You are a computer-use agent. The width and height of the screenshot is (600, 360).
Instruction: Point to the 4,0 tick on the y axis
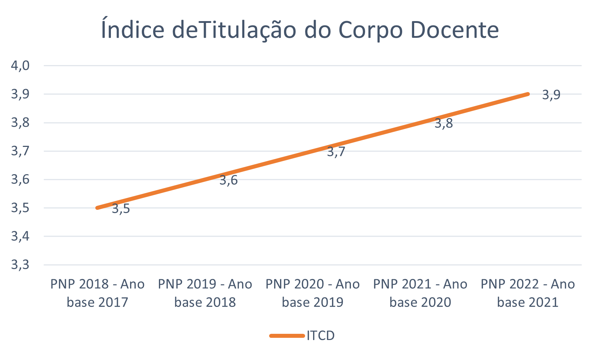tap(20, 66)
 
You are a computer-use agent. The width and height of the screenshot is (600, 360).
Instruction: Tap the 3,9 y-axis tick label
tap(20, 94)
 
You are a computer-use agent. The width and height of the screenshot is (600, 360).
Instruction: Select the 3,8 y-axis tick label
tap(20, 123)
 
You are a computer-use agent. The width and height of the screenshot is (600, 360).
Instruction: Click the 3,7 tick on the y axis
tap(20, 151)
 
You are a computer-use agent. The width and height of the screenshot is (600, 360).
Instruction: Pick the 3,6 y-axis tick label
tap(20, 179)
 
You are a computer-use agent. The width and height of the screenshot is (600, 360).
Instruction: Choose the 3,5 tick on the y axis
tap(20, 208)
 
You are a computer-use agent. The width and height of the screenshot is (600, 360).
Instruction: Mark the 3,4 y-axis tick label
tap(20, 236)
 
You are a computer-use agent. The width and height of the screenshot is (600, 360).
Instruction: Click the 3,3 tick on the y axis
tap(20, 264)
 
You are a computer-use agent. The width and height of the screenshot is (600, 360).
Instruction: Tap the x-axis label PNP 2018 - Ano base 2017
tap(97, 293)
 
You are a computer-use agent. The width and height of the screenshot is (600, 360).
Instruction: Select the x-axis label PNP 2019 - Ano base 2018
tap(205, 293)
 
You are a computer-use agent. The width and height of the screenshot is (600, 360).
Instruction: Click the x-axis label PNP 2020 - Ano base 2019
tap(313, 293)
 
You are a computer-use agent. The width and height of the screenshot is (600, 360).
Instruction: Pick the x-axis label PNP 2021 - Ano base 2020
tap(420, 293)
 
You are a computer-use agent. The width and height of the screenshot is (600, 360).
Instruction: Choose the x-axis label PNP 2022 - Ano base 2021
tap(528, 293)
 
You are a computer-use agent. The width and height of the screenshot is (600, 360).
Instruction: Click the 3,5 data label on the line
tap(121, 209)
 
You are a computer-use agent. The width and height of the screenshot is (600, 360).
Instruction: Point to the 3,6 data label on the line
tap(228, 180)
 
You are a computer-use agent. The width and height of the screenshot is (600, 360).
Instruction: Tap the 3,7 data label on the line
tap(336, 152)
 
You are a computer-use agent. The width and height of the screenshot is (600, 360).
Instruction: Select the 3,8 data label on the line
tap(444, 123)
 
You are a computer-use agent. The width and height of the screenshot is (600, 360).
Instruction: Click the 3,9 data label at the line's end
tap(551, 95)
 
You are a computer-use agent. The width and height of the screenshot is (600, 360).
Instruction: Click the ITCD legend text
tap(320, 336)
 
